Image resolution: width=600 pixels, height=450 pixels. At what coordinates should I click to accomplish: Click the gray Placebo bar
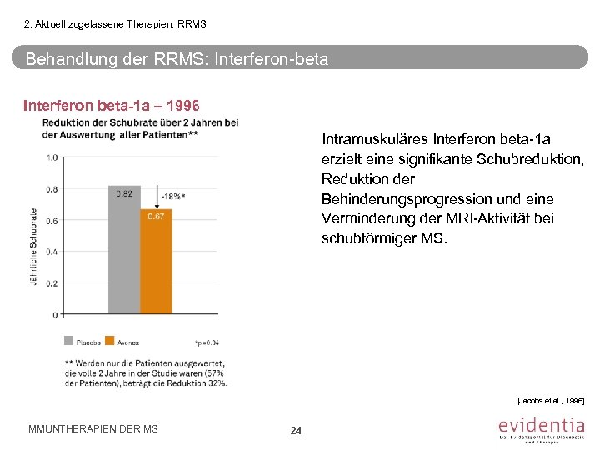click(123, 249)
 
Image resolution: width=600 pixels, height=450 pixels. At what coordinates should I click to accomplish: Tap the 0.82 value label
click(124, 193)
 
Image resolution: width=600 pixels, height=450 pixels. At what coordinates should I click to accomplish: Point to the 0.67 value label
click(156, 217)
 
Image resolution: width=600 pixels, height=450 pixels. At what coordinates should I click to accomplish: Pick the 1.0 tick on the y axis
click(52, 157)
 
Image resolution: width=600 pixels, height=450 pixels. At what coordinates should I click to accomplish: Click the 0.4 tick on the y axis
click(52, 252)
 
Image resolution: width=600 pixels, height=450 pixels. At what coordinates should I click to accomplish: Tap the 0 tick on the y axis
click(55, 315)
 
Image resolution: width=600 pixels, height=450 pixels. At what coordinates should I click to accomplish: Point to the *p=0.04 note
click(207, 342)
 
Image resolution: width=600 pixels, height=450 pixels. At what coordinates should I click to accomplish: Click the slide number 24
click(296, 430)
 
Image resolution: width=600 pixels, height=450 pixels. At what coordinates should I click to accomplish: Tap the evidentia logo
click(541, 427)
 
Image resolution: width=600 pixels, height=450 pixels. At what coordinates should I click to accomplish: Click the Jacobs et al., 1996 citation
click(552, 402)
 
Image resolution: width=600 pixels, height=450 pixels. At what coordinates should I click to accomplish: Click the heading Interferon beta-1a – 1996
click(111, 107)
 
